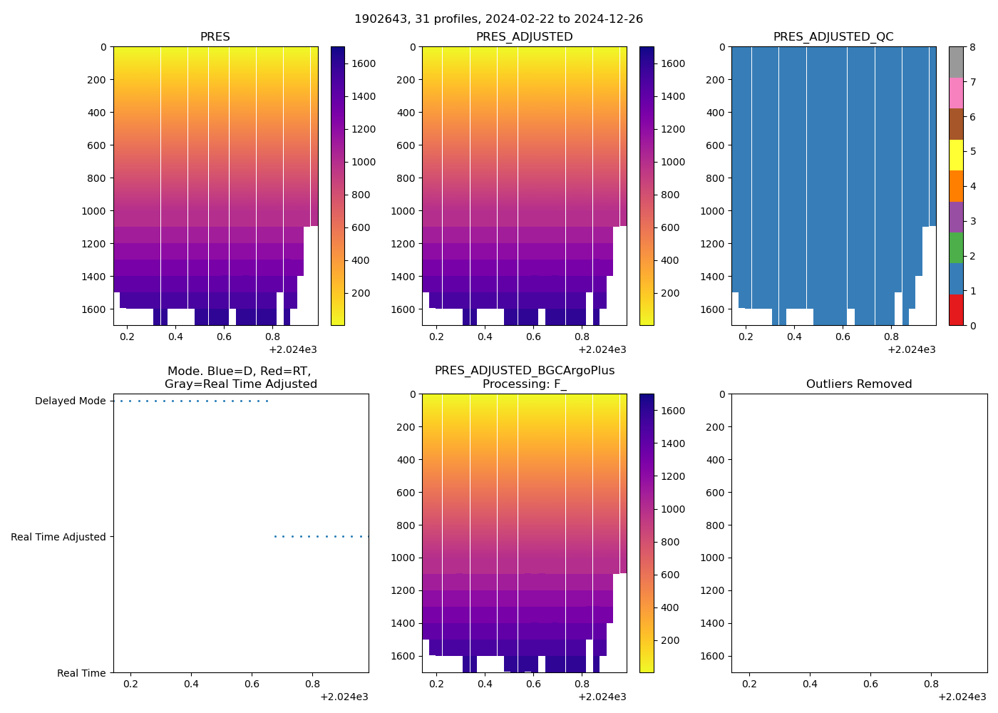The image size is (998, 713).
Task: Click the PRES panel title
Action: (x=215, y=37)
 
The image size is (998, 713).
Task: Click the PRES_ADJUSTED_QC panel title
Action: (x=833, y=37)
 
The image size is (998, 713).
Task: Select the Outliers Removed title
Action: (x=859, y=384)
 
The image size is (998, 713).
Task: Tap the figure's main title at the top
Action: (x=498, y=19)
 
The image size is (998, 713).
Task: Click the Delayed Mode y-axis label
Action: (x=70, y=401)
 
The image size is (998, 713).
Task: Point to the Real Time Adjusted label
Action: (x=58, y=538)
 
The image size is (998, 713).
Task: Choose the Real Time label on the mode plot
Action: (x=81, y=674)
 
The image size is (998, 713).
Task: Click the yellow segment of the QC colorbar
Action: (x=956, y=155)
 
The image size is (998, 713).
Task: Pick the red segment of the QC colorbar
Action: (x=956, y=310)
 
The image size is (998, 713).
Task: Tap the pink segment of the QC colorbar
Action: (x=956, y=93)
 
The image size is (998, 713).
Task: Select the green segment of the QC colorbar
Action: (x=956, y=248)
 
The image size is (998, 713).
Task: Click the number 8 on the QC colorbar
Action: (x=972, y=47)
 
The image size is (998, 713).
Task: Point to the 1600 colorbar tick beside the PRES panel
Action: (x=364, y=63)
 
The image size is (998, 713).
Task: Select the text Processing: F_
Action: (x=524, y=384)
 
